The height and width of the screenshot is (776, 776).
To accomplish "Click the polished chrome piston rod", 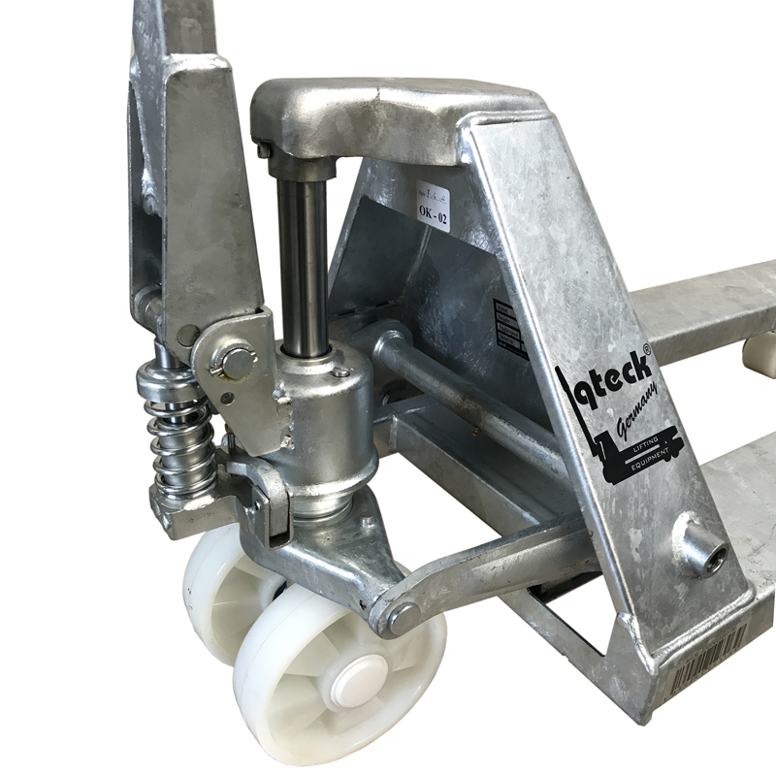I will pos(302,262).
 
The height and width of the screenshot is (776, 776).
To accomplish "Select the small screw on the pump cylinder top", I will pos(341,372).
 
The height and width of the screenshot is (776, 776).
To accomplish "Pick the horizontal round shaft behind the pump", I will pos(456,388).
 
